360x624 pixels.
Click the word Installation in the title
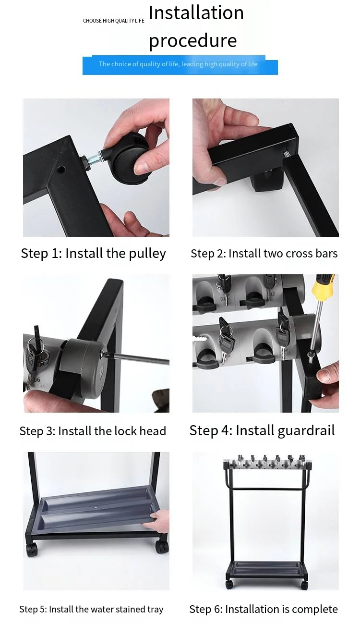196,13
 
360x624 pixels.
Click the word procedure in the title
192,41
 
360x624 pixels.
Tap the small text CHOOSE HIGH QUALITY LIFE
114,21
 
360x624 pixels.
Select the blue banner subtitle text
178,64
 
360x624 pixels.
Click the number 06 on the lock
37,379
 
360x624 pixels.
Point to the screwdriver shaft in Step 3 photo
136,358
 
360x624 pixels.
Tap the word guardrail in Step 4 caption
306,431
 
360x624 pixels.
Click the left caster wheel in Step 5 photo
32,548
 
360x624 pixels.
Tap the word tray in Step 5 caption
156,609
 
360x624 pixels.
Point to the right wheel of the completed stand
304,585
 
